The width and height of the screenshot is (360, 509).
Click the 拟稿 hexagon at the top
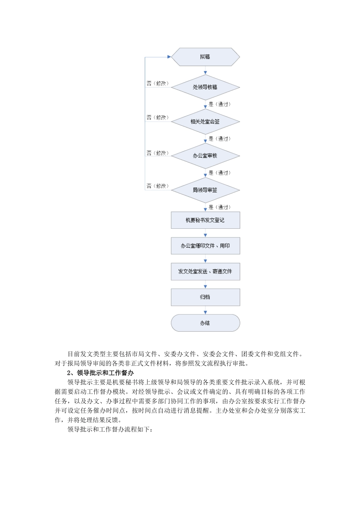pos(205,57)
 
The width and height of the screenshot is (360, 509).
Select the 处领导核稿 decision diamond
pos(205,87)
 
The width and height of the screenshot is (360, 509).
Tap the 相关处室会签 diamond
pos(205,122)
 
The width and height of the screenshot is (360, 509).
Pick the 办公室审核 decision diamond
pos(205,156)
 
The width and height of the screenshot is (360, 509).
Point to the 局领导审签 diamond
pos(205,190)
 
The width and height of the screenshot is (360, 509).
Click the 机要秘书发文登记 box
pos(205,220)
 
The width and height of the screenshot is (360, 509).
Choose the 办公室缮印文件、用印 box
pos(205,246)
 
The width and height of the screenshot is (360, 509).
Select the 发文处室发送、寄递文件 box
pos(205,272)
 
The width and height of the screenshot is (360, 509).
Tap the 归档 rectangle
pos(205,297)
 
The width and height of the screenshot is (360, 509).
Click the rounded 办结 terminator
pos(205,323)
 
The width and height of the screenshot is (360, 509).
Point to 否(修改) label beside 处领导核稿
pos(158,83)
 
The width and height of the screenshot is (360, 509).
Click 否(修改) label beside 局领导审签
pos(158,186)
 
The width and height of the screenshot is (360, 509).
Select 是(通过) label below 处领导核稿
pos(220,104)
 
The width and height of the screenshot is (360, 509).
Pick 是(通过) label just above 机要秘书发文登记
pos(220,207)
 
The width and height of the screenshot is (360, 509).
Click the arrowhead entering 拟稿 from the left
pos(169,57)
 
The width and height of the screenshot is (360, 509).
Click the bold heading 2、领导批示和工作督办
pos(100,373)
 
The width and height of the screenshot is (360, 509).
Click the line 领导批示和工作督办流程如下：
pos(110,429)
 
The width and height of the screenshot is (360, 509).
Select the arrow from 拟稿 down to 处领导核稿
pos(205,71)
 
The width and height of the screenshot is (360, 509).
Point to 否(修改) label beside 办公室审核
pos(158,153)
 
